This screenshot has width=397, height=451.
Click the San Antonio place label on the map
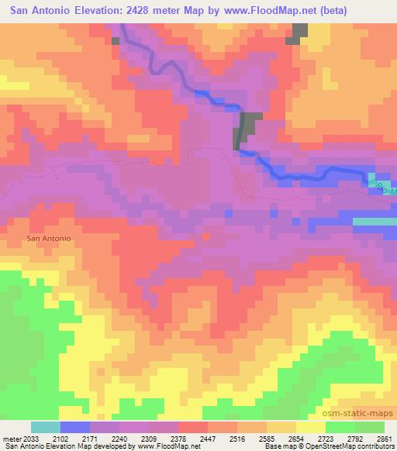click(48, 239)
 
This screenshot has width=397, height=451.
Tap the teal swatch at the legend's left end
click(46, 427)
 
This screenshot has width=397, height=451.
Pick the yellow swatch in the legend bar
click(310, 427)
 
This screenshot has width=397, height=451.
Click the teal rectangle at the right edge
click(375, 222)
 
